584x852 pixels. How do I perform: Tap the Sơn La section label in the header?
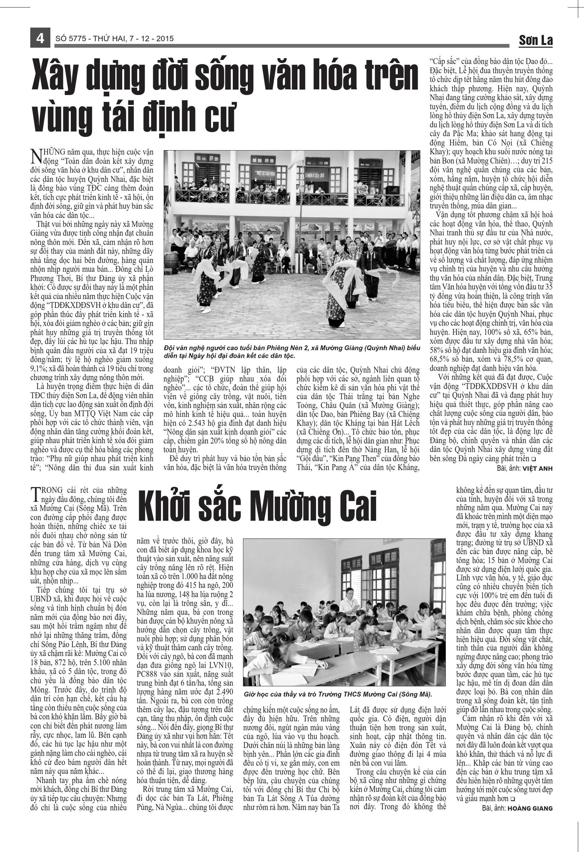[535, 40]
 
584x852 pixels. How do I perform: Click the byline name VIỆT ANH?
[537, 468]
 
